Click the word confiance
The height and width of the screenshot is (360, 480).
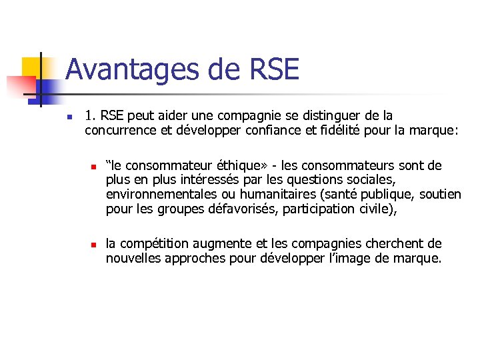[x=252, y=131]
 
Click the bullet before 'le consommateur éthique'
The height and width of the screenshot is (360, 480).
[x=95, y=166]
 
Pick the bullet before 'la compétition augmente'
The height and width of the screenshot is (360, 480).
[x=95, y=245]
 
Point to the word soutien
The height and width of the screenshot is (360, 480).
[x=440, y=195]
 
